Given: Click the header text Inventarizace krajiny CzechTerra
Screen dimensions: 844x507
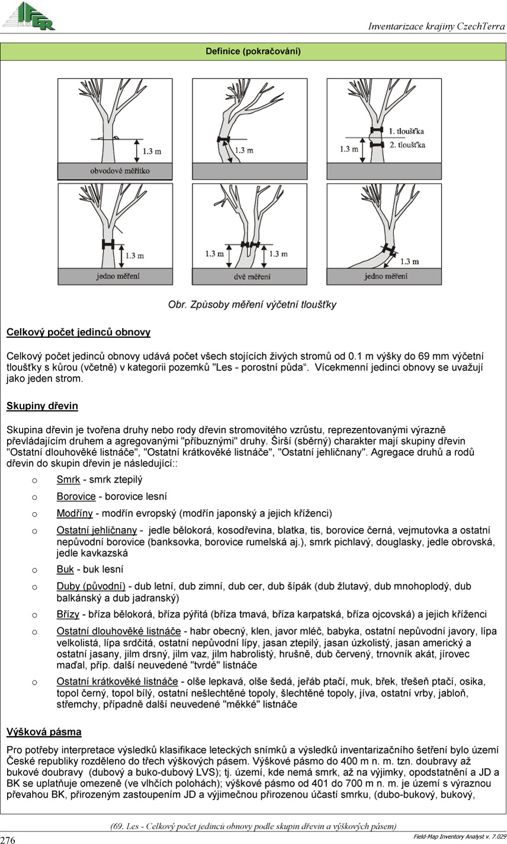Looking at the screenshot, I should click(436, 26).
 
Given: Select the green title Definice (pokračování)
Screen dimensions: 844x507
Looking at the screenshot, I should click(253, 52).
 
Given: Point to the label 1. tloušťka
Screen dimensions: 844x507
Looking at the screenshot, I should click(406, 130).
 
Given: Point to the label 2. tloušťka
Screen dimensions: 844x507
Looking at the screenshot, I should click(407, 145).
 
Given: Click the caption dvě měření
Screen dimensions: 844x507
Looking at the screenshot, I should click(249, 276).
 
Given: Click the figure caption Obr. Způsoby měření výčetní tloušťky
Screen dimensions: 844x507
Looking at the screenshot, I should click(252, 305).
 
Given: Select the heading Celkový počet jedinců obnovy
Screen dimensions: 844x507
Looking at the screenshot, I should click(78, 333).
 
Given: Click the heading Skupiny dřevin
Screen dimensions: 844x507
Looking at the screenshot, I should click(42, 406).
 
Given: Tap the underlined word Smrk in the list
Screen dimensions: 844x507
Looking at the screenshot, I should click(68, 479).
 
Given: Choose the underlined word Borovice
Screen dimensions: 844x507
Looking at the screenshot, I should click(76, 496).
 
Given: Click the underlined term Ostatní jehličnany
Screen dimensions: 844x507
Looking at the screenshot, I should click(97, 530).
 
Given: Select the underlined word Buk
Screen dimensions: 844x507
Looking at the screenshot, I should click(65, 570).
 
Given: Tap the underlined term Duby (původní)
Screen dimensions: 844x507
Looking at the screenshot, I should click(91, 586).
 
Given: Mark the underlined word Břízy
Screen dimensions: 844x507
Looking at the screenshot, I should click(69, 614).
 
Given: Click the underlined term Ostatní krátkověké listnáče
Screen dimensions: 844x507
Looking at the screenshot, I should click(117, 681).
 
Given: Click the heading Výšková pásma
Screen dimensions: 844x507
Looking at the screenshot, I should click(44, 732).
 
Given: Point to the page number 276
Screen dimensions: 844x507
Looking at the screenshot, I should click(8, 839).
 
